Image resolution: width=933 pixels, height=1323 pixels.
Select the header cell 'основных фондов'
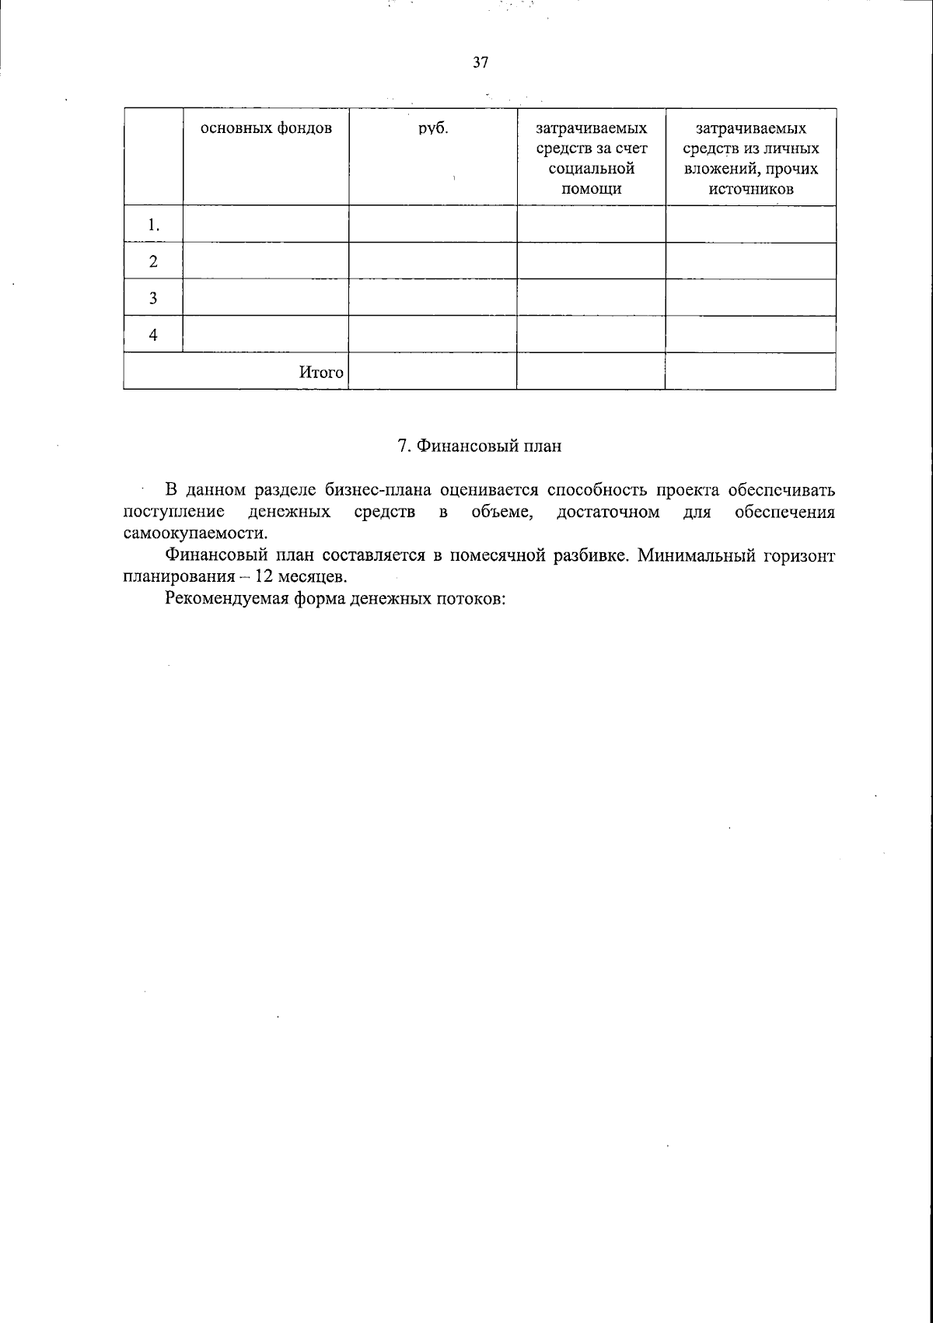pyautogui.click(x=266, y=128)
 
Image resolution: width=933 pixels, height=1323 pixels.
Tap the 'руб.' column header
pyautogui.click(x=433, y=128)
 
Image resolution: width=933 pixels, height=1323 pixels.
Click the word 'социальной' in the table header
pyautogui.click(x=591, y=169)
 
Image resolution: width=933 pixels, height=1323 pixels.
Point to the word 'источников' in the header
pyautogui.click(x=751, y=189)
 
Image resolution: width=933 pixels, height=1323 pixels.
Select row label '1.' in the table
pyautogui.click(x=153, y=226)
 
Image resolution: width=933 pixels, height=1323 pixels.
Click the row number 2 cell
pyautogui.click(x=153, y=261)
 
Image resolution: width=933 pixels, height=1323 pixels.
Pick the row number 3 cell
pyautogui.click(x=153, y=298)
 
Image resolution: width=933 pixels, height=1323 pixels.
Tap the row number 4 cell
pyautogui.click(x=153, y=335)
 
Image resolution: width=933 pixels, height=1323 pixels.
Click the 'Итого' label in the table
pyautogui.click(x=321, y=373)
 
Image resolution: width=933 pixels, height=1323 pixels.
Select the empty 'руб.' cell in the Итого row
pyautogui.click(x=432, y=372)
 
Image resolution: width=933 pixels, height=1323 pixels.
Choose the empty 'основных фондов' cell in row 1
pyautogui.click(x=266, y=225)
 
